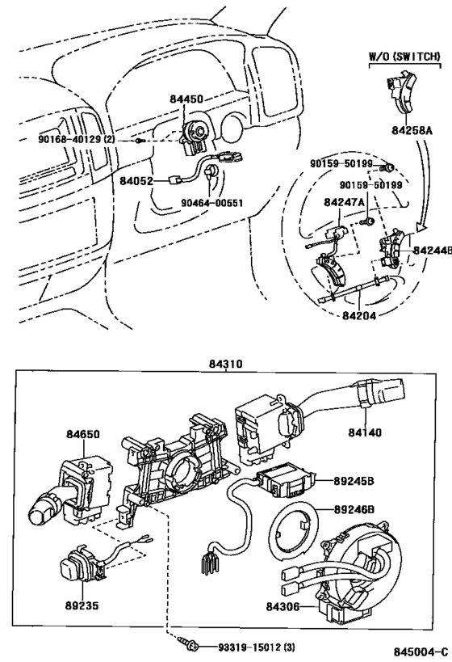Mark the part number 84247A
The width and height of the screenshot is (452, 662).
click(345, 202)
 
